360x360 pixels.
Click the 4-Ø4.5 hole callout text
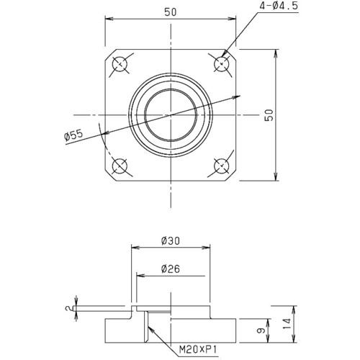(x=278, y=6)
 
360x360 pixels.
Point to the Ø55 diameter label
(x=73, y=136)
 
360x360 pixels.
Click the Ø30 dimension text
(x=171, y=240)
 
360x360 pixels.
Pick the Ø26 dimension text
(x=171, y=269)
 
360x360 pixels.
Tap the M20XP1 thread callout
(x=198, y=349)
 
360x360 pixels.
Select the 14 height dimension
(x=287, y=324)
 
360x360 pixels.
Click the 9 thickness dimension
(x=261, y=330)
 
